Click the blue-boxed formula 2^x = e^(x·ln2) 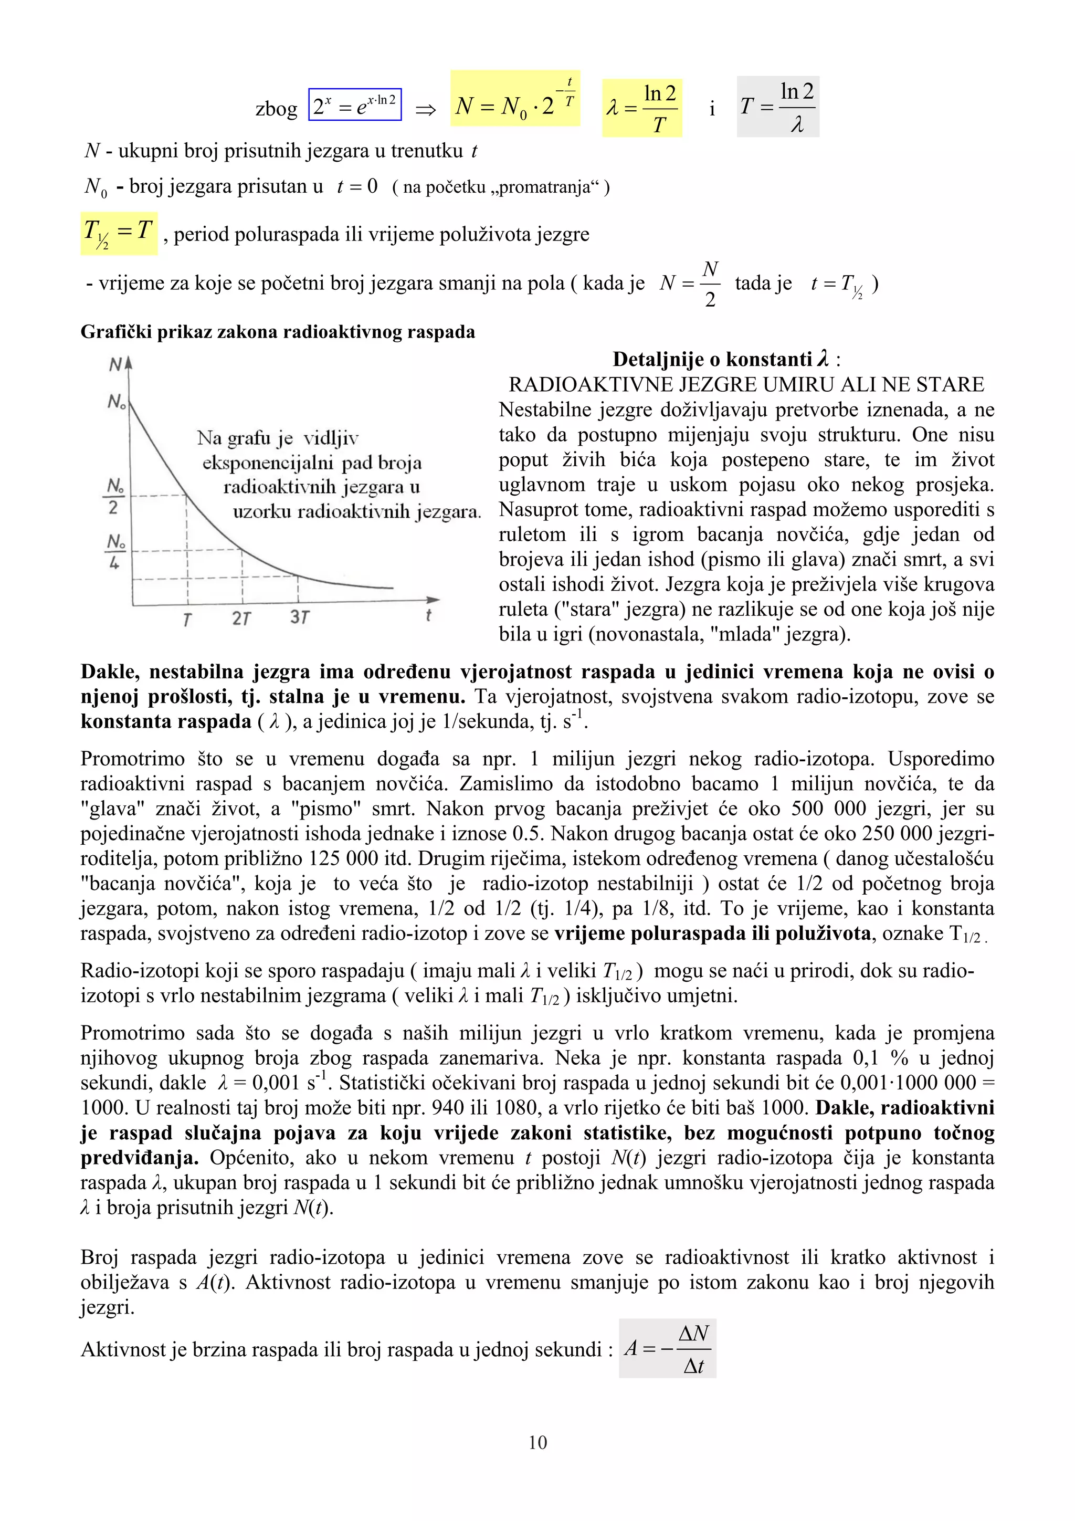355,104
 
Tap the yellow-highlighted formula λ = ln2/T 641,108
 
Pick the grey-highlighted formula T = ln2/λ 777,107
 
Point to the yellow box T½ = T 119,234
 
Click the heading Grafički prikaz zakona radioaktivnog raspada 278,331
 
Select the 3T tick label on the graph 299,617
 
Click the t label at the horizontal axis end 428,615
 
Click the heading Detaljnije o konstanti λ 726,359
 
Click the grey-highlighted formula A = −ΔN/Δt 667,1348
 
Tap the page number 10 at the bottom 537,1442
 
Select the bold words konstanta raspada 165,721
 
